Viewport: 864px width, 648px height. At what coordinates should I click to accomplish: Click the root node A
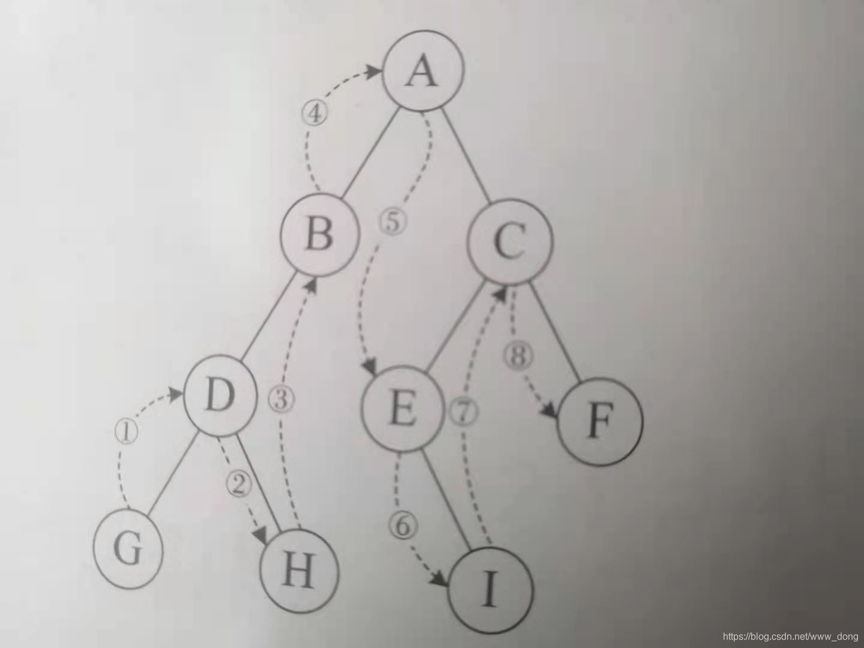click(x=424, y=74)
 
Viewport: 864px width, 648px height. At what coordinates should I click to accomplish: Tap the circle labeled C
click(x=510, y=243)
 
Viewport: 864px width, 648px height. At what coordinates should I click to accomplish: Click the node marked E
click(x=402, y=410)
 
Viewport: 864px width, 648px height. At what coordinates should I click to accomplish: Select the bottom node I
click(x=491, y=590)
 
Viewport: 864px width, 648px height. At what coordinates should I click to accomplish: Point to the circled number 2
click(x=238, y=484)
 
